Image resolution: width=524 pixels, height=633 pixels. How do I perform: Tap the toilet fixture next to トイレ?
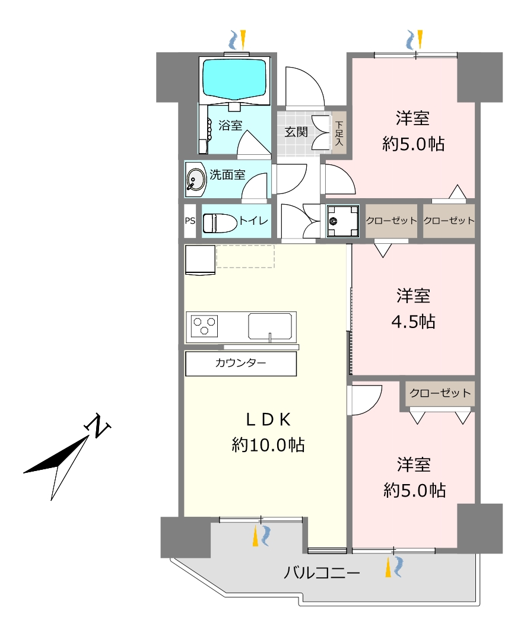pos(220,223)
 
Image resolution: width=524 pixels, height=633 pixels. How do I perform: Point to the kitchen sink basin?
pos(269,326)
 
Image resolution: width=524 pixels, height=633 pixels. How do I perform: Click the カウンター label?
pos(240,363)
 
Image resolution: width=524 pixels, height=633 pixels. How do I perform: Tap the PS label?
pos(190,221)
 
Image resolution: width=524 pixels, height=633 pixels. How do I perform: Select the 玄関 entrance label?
pos(296,132)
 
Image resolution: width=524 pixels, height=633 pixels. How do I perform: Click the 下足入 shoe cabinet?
pos(339,133)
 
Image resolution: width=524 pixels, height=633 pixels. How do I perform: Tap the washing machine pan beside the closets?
pos(343,221)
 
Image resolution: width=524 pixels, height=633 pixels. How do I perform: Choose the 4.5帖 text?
pos(414,322)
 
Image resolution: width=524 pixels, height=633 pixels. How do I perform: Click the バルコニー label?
pos(322,573)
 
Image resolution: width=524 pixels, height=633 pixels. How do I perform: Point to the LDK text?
pos(268,420)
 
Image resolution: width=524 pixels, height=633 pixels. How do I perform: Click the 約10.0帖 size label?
pos(268,444)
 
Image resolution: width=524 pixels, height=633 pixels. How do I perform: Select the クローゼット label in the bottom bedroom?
pos(440,393)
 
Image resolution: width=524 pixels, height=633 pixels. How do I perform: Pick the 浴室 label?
pos(230,126)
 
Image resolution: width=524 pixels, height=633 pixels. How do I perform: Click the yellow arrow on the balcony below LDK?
pos(256,537)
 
